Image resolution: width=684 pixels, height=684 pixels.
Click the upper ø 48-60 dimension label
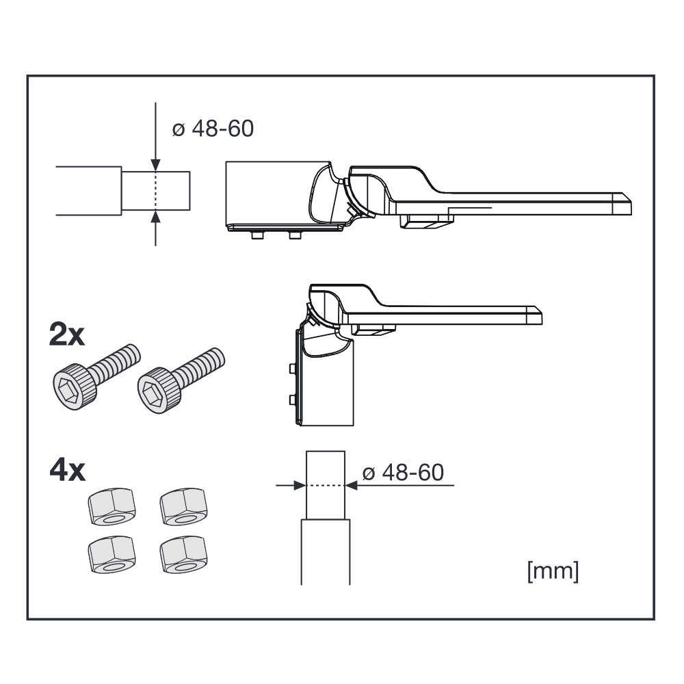213,129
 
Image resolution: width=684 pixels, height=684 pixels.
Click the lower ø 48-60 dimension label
403,473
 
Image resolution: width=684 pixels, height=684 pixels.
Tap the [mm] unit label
553,571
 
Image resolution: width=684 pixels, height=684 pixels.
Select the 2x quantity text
67,335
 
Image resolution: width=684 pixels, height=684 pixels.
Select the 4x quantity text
67,471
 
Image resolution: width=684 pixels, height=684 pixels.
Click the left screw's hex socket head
73,386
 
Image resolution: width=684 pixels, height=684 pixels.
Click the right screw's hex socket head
158,389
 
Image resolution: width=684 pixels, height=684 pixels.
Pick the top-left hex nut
111,506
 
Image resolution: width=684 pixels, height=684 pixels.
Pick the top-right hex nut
183,506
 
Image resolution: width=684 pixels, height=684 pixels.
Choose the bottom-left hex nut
111,554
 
